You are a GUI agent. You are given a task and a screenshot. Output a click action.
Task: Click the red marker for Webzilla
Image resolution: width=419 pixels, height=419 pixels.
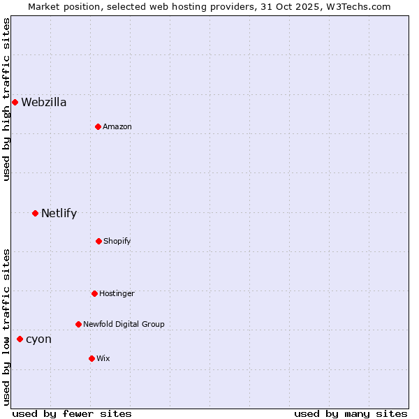pos(15,103)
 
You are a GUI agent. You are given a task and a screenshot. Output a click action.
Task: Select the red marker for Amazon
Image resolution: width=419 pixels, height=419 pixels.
pos(98,126)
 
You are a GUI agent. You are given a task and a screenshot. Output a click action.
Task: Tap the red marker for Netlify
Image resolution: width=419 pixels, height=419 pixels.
pos(35,213)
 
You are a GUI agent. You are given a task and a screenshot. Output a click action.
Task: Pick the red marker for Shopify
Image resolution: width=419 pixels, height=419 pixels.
pos(98,241)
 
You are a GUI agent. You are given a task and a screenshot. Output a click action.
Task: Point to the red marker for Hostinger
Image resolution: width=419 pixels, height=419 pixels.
pos(94,293)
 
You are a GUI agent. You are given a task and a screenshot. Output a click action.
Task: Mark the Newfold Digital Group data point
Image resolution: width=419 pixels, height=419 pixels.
pos(78,324)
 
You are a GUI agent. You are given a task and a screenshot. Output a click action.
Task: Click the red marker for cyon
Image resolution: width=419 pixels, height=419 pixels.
pos(20,339)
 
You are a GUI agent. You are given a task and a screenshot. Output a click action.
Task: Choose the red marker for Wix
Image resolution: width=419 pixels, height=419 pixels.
pos(91,358)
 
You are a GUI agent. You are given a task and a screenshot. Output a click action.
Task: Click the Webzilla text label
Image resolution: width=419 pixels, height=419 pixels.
pos(44,103)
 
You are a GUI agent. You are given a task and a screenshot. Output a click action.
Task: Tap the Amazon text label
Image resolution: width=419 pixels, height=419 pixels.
pos(117,126)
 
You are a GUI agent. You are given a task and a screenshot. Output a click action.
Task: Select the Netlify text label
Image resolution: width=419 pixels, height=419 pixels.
pos(59,213)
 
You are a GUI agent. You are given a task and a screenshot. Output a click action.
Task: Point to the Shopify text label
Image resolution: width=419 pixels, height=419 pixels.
pos(117,241)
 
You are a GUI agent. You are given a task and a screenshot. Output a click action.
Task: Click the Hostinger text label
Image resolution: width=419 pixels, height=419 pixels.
pos(117,293)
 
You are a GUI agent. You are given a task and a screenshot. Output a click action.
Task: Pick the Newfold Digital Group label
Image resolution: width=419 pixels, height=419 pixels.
pos(124,324)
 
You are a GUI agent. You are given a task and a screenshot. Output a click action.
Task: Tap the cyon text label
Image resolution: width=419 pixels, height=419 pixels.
pos(38,339)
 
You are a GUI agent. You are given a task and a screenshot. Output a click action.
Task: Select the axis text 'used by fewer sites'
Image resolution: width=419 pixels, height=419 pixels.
pos(72,413)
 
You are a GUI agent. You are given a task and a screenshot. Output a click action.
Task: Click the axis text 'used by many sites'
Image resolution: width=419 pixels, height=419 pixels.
pos(351,413)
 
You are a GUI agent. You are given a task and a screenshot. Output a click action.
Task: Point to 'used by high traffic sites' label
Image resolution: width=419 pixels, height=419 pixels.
pos(6,99)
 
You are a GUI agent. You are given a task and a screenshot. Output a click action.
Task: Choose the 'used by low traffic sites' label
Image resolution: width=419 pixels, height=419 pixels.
pos(6,327)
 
